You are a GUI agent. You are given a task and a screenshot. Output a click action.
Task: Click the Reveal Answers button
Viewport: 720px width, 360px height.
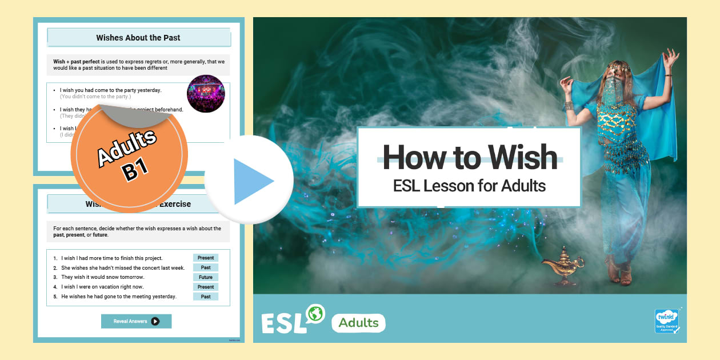136,321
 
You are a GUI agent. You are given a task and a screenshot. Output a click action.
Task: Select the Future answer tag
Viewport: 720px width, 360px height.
206,277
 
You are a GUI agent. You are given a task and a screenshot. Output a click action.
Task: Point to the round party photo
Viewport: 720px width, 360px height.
206,94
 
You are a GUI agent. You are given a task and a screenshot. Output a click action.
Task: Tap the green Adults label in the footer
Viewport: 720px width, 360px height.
358,323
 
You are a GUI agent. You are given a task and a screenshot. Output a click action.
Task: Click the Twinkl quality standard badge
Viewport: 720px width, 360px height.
666,321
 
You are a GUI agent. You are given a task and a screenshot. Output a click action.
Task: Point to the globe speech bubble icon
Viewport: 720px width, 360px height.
314,314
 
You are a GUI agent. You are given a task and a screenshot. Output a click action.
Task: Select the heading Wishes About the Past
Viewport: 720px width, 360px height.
138,38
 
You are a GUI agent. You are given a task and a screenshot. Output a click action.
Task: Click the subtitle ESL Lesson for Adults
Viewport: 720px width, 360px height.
469,186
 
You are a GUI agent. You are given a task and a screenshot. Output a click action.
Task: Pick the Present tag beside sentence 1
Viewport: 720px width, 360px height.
206,258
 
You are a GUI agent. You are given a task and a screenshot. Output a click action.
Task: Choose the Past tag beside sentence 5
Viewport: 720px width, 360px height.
206,297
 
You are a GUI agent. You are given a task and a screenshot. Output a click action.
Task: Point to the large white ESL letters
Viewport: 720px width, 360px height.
284,323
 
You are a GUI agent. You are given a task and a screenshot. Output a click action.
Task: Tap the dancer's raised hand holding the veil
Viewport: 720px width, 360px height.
671,57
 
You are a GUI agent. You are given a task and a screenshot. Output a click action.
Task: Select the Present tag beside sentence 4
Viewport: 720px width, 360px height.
206,287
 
